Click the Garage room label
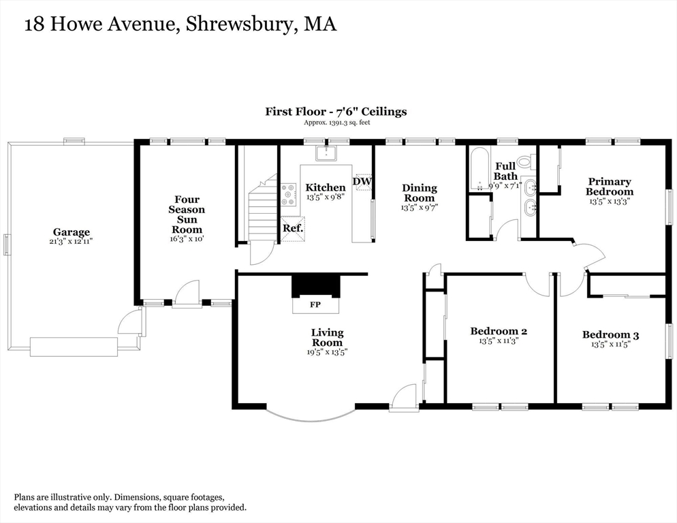[x=72, y=232]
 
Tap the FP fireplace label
[x=315, y=304]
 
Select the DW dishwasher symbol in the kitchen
[x=362, y=182]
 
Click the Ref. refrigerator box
[x=293, y=228]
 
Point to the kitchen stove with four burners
[x=289, y=194]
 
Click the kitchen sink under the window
[x=326, y=153]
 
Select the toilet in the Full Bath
[x=525, y=161]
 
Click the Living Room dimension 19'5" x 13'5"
[x=327, y=352]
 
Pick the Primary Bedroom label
[x=609, y=187]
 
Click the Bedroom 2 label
[x=499, y=331]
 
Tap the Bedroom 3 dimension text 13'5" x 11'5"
[x=610, y=344]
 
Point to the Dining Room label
[x=419, y=193]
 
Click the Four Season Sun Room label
[x=187, y=215]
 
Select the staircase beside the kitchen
[x=262, y=206]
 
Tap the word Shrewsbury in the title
[x=240, y=25]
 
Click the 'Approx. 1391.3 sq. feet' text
[x=336, y=122]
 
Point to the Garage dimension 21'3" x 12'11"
[x=72, y=242]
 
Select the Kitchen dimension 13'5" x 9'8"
[x=326, y=197]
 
